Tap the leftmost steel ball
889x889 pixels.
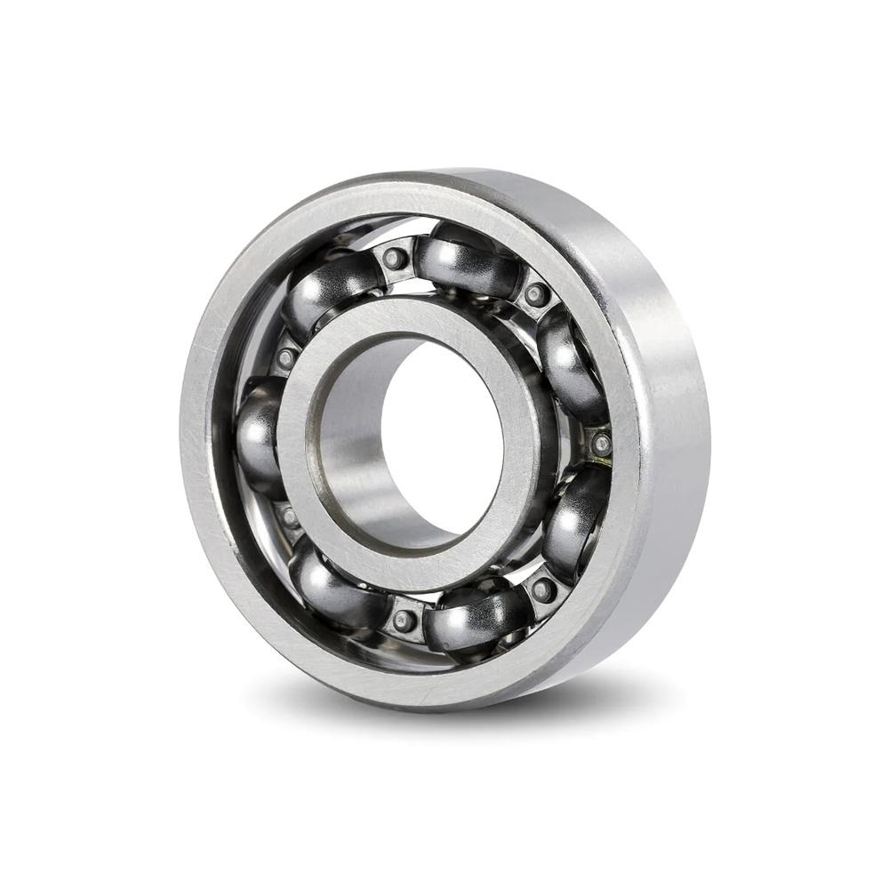tap(257, 436)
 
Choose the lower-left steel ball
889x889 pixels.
tap(329, 582)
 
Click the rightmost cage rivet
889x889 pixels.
tap(601, 442)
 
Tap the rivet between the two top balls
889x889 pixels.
tap(396, 259)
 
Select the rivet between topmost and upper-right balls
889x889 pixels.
tap(535, 294)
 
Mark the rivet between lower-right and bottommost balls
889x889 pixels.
tap(542, 589)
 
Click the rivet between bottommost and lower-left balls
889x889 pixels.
tap(404, 621)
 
